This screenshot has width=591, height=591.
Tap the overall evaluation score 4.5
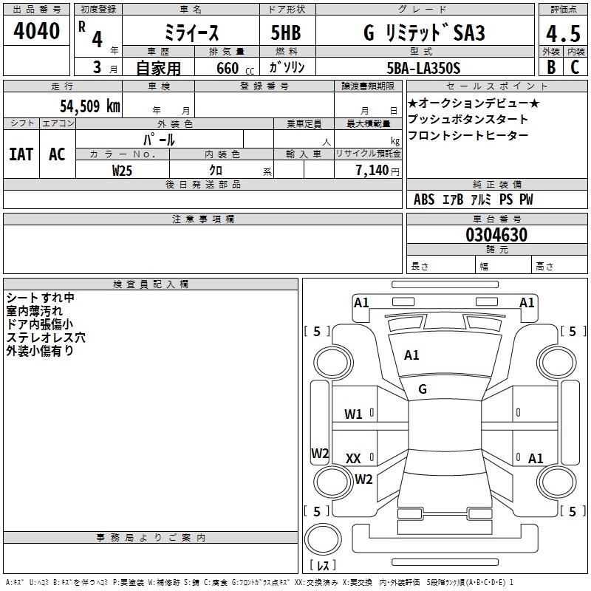[562, 33]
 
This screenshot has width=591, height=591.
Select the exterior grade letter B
[550, 66]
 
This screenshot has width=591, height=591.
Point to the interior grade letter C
[575, 66]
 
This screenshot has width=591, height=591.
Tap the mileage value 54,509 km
[89, 106]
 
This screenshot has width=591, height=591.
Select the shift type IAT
[21, 154]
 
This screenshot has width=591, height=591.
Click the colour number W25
[123, 171]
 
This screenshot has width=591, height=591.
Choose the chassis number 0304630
[496, 236]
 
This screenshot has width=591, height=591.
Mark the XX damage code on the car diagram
[353, 459]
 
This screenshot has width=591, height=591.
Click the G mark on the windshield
[423, 389]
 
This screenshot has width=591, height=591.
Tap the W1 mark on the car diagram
[353, 414]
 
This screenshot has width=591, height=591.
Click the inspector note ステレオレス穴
[46, 338]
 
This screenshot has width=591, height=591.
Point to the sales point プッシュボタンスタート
[468, 119]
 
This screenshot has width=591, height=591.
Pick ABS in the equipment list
[424, 199]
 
